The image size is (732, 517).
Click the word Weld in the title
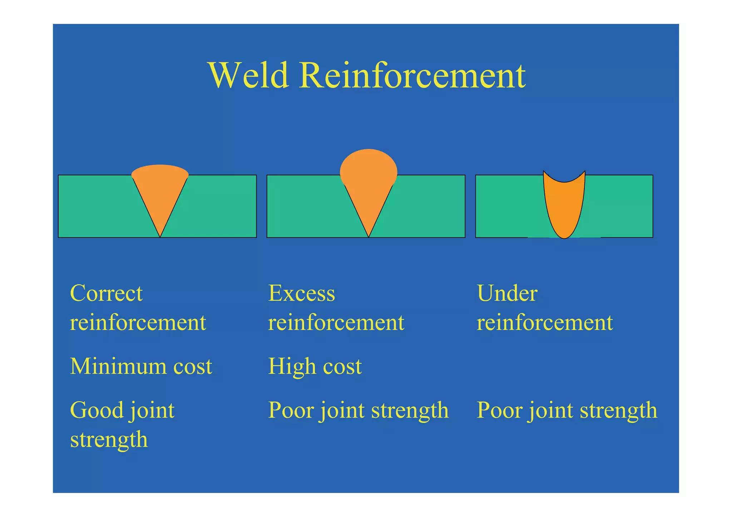248,75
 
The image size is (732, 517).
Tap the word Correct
106,293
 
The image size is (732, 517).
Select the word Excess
301,293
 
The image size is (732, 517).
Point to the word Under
507,293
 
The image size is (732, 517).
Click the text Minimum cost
141,366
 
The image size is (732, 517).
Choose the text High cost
315,366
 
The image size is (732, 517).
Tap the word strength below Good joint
109,439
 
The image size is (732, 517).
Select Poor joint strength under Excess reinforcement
358,410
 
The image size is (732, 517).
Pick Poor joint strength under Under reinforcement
567,410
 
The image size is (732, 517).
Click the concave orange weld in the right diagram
564,211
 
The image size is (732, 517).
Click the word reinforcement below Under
544,322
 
